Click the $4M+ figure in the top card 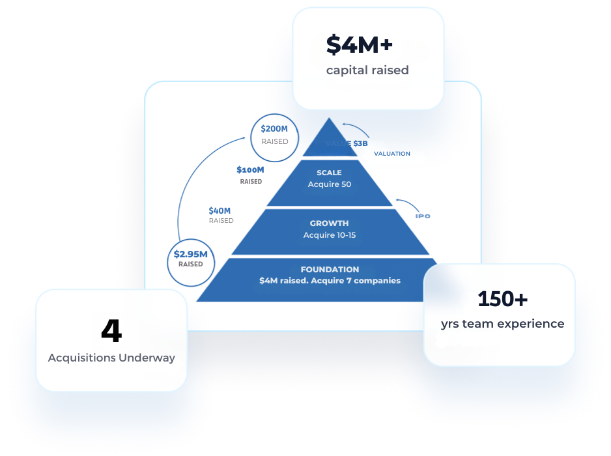360,45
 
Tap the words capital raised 367,70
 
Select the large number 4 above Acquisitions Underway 111,332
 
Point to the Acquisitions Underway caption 111,358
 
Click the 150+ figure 502,299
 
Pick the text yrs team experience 502,324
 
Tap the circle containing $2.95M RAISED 190,259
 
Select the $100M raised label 250,175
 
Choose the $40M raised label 220,215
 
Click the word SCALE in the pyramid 329,173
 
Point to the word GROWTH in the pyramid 329,223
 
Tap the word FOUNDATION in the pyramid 330,269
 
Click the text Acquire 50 329,184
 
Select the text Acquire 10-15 329,235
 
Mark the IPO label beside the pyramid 423,216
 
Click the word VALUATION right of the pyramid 391,154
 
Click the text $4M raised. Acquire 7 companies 330,281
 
